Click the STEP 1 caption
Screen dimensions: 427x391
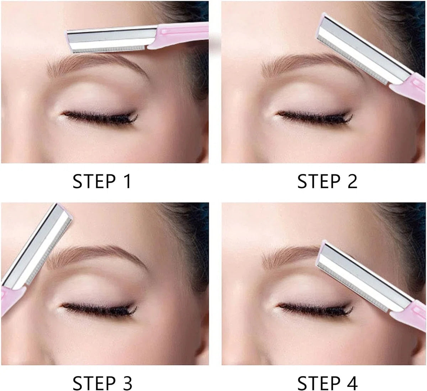pyautogui.click(x=101, y=181)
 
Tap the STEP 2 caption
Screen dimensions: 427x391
pyautogui.click(x=327, y=181)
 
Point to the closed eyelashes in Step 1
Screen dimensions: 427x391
pyautogui.click(x=100, y=117)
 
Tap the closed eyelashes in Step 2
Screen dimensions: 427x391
pyautogui.click(x=315, y=117)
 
